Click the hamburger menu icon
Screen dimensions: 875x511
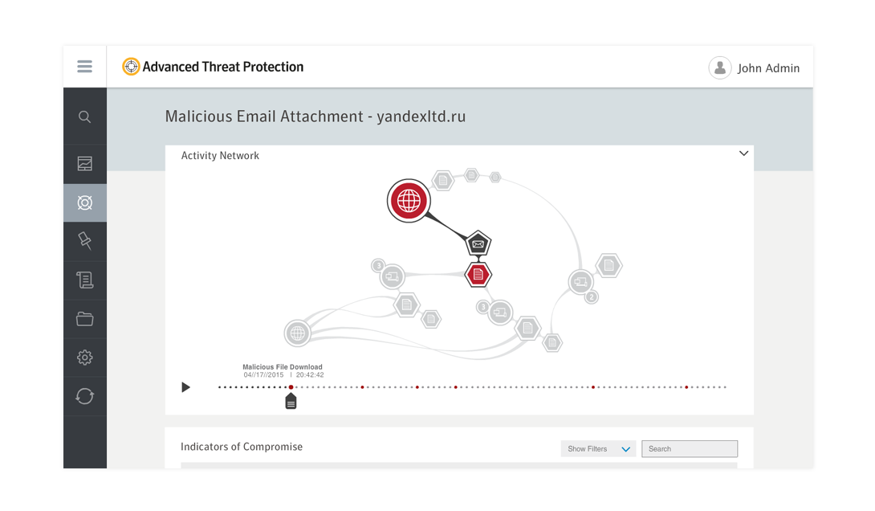tap(85, 67)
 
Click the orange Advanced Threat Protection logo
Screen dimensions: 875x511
tap(131, 67)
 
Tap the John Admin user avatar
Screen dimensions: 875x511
tap(720, 67)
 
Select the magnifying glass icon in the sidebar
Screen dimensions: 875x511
tap(85, 117)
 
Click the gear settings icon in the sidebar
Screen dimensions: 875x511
tap(85, 358)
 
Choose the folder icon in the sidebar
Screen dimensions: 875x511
tap(85, 319)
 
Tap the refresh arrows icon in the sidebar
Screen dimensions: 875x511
tap(85, 396)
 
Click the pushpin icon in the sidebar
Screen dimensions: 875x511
tap(85, 241)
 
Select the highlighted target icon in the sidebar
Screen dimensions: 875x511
tap(85, 202)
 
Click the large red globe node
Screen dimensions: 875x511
tap(409, 201)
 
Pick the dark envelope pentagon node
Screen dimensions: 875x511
tap(478, 243)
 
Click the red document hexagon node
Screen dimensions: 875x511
tap(478, 274)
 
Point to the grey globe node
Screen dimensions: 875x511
tap(298, 333)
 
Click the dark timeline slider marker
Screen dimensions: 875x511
tap(291, 401)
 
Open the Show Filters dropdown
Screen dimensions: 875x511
tap(598, 448)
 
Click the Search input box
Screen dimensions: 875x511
tap(690, 448)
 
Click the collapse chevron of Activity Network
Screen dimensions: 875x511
tap(743, 153)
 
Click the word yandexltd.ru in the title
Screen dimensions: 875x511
tap(421, 117)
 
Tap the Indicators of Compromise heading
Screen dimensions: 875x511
tap(242, 447)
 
